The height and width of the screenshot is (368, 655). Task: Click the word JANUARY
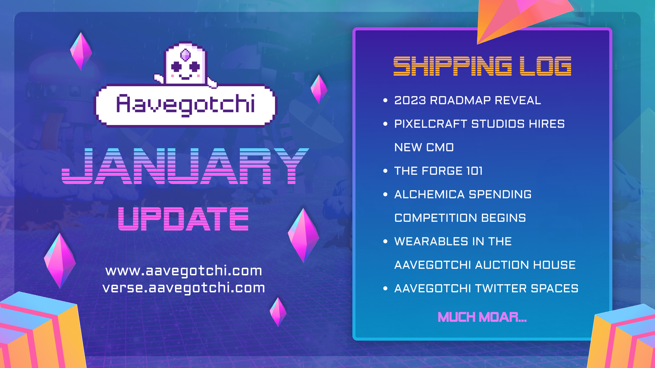click(x=185, y=166)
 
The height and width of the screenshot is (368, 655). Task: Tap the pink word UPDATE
click(x=183, y=219)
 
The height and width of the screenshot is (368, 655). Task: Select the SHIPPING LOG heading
click(x=482, y=66)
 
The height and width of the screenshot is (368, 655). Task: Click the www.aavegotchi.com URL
click(x=184, y=271)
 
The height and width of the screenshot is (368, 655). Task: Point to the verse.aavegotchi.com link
click(x=184, y=288)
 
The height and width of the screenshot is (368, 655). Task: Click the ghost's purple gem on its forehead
click(x=185, y=55)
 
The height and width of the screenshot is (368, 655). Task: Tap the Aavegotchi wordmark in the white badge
click(x=185, y=104)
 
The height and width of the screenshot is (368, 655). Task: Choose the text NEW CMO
click(x=424, y=148)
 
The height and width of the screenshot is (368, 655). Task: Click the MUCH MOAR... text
click(x=482, y=317)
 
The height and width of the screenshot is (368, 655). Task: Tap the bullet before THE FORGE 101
click(x=385, y=171)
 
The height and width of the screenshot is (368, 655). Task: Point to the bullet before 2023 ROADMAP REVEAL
click(x=385, y=101)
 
